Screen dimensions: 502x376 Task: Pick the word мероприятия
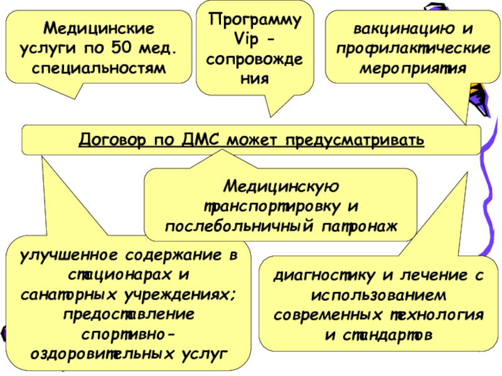(412, 67)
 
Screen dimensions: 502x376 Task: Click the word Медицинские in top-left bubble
(99, 29)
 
